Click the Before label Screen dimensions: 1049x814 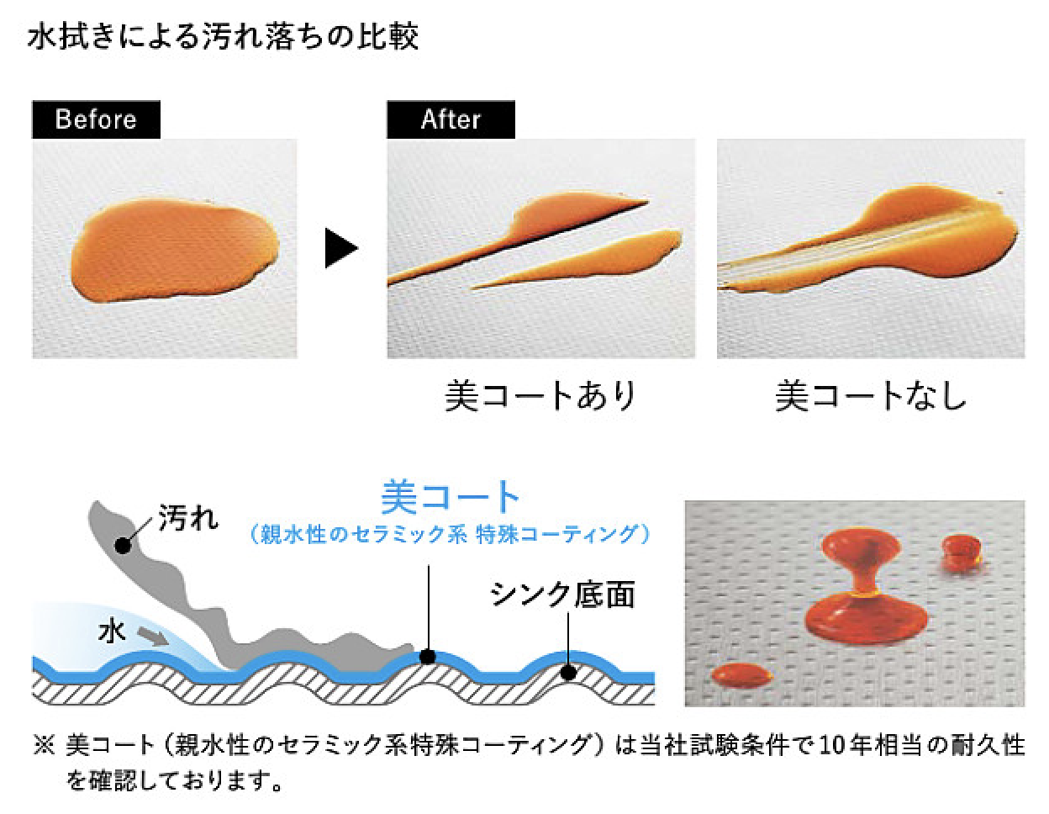tap(96, 119)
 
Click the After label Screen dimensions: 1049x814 tap(451, 119)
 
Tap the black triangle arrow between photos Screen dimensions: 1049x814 tap(340, 248)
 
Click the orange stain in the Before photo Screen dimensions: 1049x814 tap(174, 250)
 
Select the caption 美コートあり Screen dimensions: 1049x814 tap(540, 396)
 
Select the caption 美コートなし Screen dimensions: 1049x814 tap(871, 396)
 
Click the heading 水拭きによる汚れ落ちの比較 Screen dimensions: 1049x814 tap(223, 37)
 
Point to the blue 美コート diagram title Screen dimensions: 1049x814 tap(450, 497)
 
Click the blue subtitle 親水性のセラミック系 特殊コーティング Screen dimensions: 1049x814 tap(449, 535)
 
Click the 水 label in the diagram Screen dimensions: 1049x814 tap(112, 632)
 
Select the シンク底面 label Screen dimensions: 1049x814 tap(562, 595)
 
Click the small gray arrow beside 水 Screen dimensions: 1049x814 tap(153, 636)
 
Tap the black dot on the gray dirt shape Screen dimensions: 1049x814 tap(123, 546)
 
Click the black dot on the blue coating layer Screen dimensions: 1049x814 tap(428, 657)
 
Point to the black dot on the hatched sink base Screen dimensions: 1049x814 tap(569, 672)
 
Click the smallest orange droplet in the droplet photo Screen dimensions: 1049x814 tap(961, 552)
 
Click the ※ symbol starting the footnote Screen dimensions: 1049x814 tap(45, 745)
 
